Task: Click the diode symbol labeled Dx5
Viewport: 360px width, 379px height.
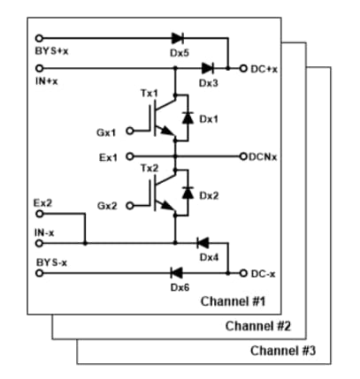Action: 177,39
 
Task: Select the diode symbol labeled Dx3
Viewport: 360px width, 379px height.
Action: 207,67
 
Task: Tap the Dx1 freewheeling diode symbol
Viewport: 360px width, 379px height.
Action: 187,117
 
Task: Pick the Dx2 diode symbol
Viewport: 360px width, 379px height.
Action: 187,191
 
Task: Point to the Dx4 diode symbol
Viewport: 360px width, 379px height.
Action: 202,242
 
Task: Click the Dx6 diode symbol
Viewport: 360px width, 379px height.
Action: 174,273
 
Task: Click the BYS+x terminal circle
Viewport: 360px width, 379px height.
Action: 38,39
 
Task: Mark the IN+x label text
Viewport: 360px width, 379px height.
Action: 46,81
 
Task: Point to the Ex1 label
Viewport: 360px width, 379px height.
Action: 108,156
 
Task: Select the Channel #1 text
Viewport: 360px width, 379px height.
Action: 234,302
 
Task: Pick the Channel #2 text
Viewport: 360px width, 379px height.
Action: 258,326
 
